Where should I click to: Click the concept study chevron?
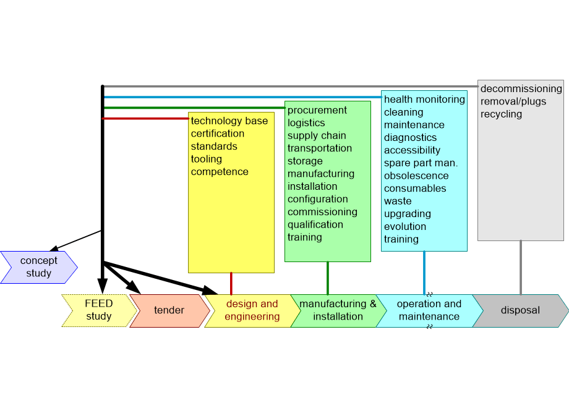(38, 267)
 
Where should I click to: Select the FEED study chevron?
(98, 310)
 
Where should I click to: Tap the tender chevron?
(169, 310)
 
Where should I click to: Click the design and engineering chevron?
(251, 310)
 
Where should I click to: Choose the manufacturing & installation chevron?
(337, 310)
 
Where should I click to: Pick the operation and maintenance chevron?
(429, 310)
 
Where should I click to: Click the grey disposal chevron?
(520, 310)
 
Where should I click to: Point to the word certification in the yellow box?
(217, 134)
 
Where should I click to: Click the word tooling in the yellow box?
(207, 159)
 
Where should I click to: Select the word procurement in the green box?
(317, 110)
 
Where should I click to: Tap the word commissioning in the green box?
(322, 212)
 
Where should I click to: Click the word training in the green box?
(304, 237)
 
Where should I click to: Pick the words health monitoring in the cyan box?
(424, 100)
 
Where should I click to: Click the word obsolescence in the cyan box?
(416, 176)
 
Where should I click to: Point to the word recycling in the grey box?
(501, 114)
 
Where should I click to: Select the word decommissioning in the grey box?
(521, 88)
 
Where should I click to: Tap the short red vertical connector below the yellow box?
(231, 283)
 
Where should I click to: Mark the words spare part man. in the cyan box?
(421, 163)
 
